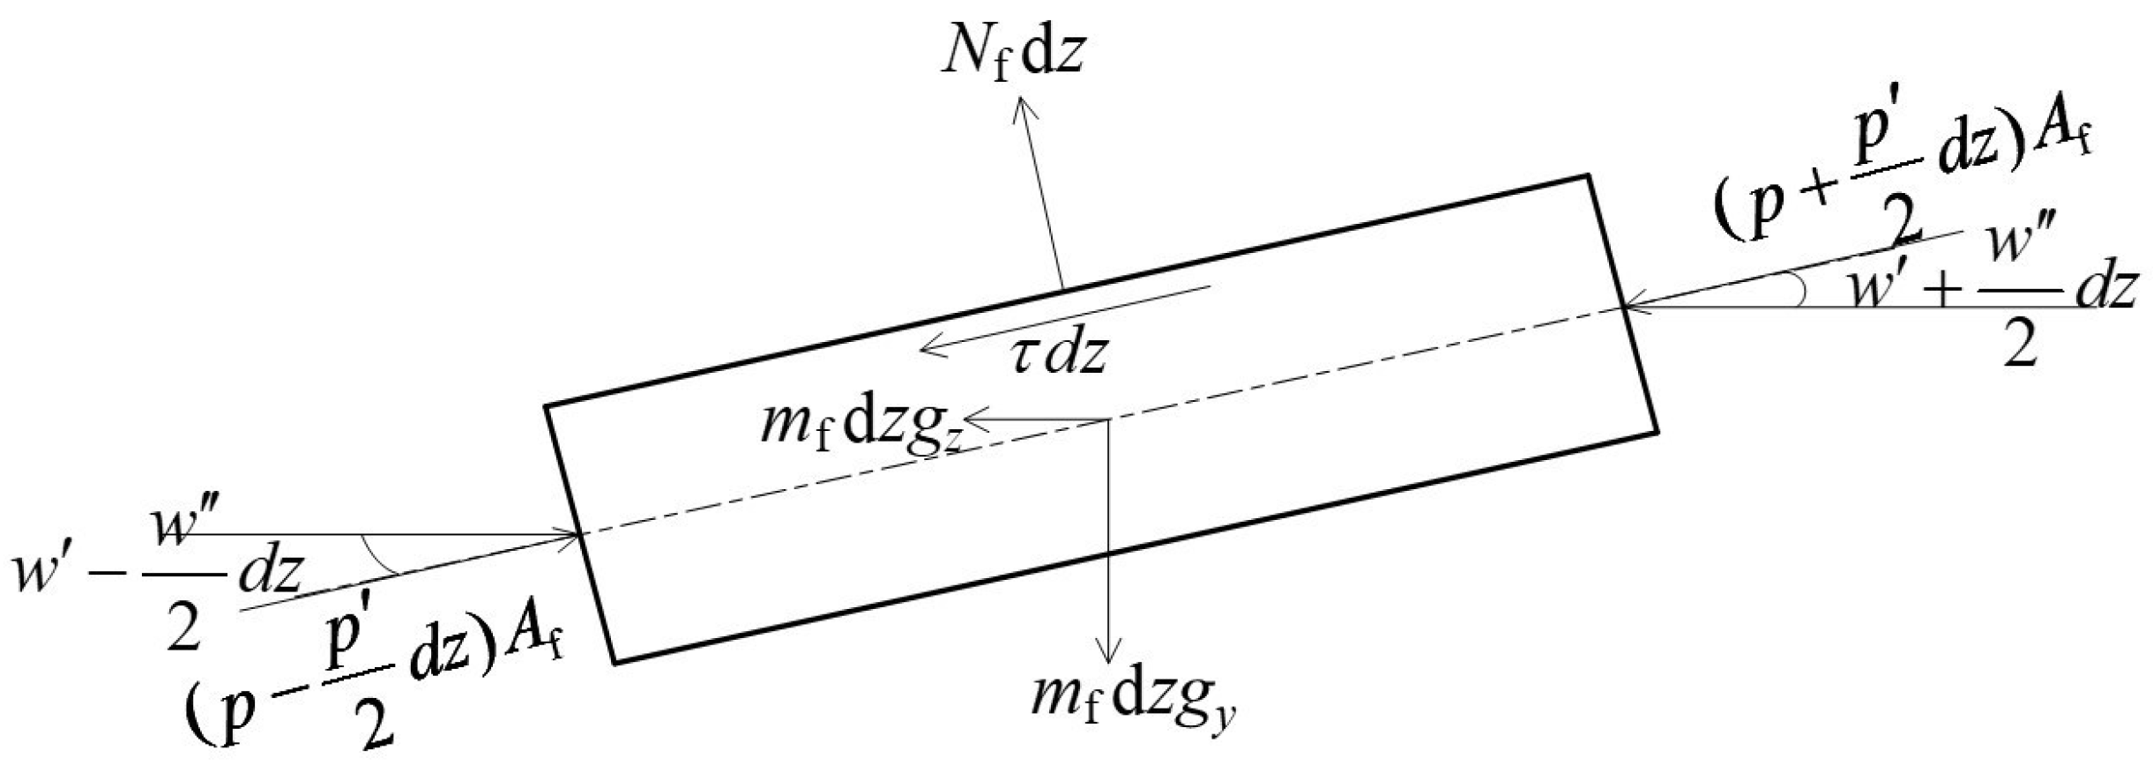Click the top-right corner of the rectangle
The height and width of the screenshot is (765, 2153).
(1588, 176)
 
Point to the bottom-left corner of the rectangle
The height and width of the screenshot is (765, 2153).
(615, 662)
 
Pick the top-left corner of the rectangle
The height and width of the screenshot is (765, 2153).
(547, 405)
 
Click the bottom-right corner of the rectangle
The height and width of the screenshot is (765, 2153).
(1657, 432)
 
